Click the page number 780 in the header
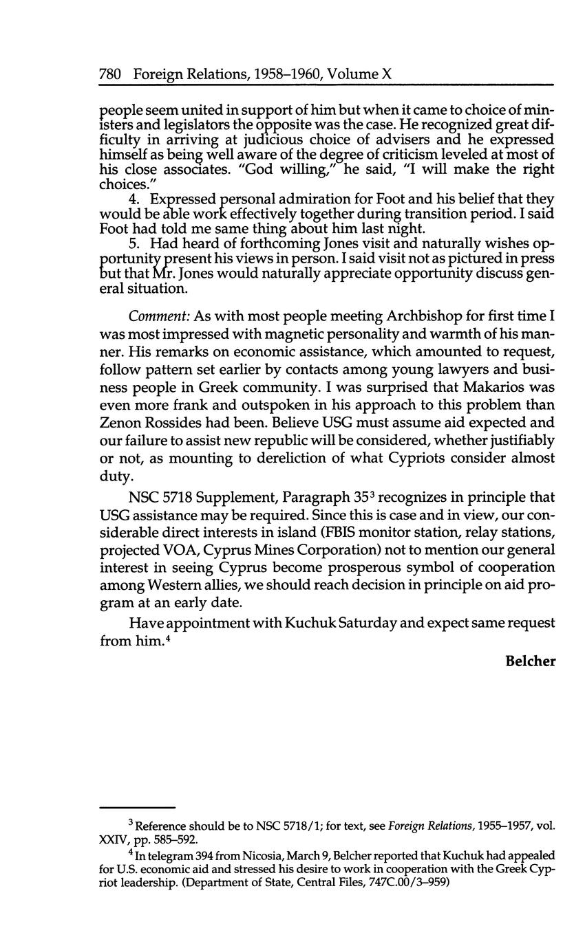tap(111, 74)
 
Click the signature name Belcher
tap(530, 661)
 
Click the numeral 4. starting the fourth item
tap(134, 199)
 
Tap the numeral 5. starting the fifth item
tap(134, 243)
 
